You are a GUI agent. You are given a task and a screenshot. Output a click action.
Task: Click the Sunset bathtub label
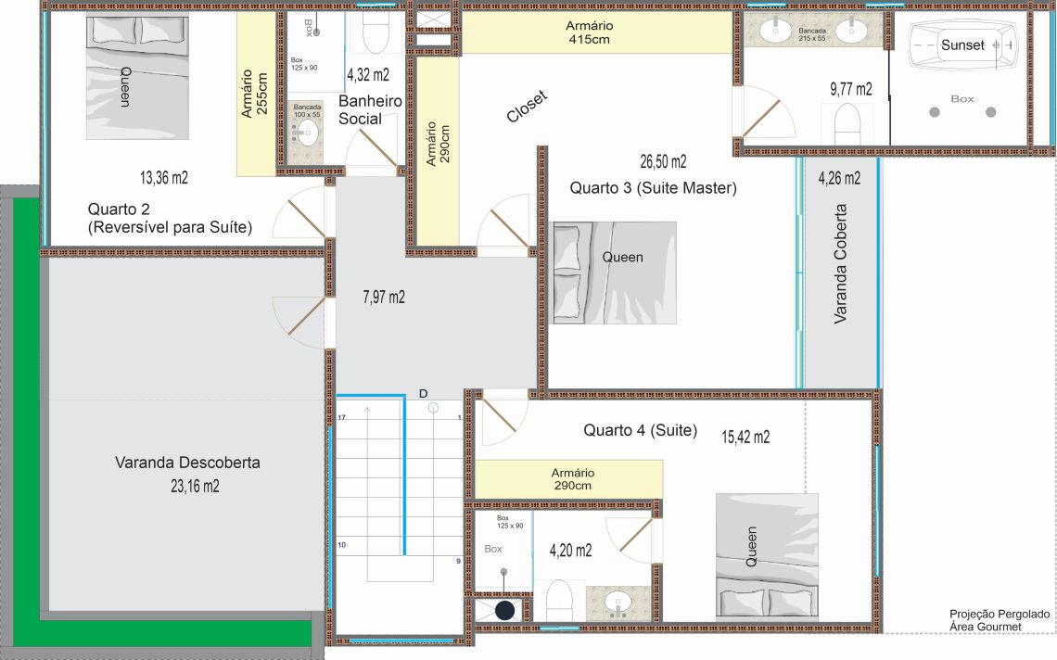pyautogui.click(x=962, y=45)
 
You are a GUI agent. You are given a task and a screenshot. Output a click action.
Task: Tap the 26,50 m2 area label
pyautogui.click(x=663, y=162)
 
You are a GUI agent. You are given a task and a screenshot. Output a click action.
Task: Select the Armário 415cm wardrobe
pyautogui.click(x=597, y=32)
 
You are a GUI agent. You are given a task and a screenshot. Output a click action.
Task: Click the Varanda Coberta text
pyautogui.click(x=840, y=263)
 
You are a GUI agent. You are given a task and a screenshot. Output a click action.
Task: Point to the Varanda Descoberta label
pyautogui.click(x=187, y=463)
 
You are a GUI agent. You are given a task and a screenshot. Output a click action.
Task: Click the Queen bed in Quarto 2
pyautogui.click(x=137, y=78)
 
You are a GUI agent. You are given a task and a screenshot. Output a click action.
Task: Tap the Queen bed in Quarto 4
pyautogui.click(x=767, y=557)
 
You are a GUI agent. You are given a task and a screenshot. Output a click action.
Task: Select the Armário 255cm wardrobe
pyautogui.click(x=256, y=95)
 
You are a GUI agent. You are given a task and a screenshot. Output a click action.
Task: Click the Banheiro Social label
pyautogui.click(x=370, y=110)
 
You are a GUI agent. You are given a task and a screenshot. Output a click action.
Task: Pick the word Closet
pyautogui.click(x=528, y=107)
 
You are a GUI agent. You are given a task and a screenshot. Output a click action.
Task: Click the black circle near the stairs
pyautogui.click(x=505, y=611)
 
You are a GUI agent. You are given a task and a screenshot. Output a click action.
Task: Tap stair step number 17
pyautogui.click(x=342, y=418)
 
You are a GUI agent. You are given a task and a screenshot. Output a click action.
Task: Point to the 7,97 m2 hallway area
pyautogui.click(x=384, y=298)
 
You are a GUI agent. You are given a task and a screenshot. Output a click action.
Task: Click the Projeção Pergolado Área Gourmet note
pyautogui.click(x=999, y=620)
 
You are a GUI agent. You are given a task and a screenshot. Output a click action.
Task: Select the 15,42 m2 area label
pyautogui.click(x=745, y=437)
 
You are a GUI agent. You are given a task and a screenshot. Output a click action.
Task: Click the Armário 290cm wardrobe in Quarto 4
pyautogui.click(x=569, y=479)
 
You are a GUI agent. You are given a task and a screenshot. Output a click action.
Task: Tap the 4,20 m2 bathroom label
pyautogui.click(x=570, y=551)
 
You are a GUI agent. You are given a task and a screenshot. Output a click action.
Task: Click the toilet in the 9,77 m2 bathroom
pyautogui.click(x=848, y=125)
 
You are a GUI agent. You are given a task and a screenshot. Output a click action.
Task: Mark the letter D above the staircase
pyautogui.click(x=424, y=394)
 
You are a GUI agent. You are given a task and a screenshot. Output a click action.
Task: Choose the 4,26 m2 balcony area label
pyautogui.click(x=839, y=179)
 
